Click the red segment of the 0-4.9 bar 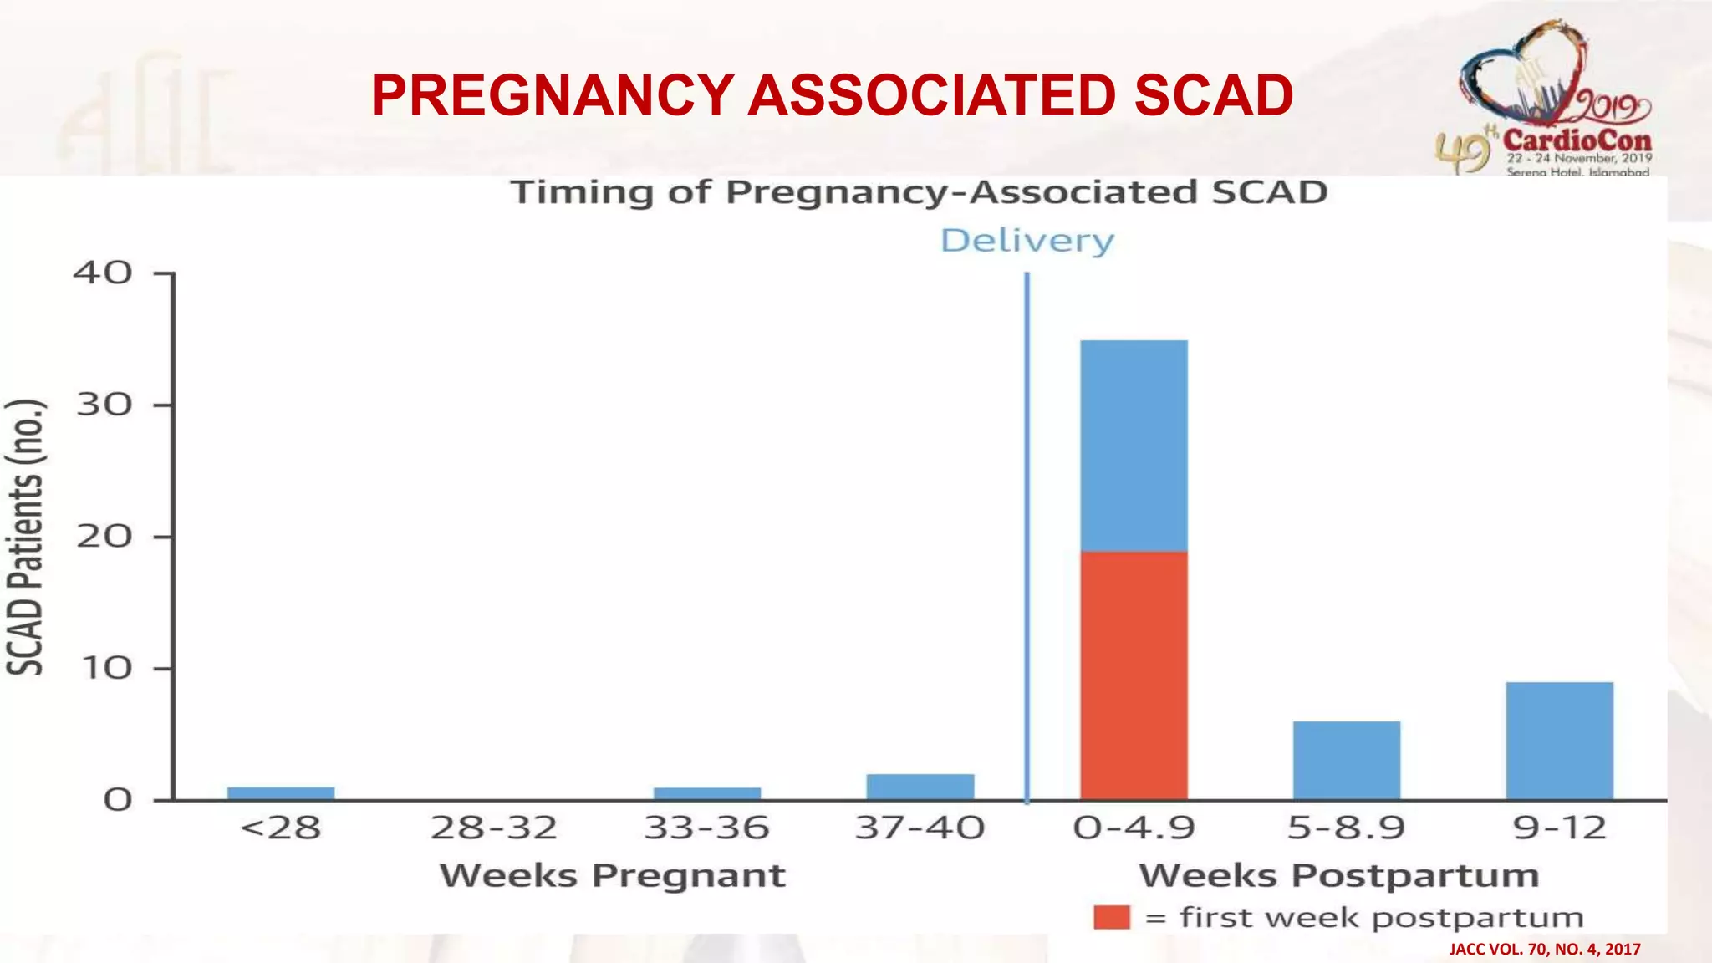coord(1134,675)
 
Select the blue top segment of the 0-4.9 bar coord(1134,445)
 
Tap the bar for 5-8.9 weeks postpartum coord(1346,760)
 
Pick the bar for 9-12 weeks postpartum coord(1559,741)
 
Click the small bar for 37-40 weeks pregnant coord(920,787)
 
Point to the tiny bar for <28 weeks coord(281,793)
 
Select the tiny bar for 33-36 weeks coord(707,793)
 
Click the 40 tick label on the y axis coord(103,273)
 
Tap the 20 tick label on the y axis coord(104,536)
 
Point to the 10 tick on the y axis coord(104,668)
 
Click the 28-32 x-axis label coord(493,828)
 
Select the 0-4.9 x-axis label coord(1134,828)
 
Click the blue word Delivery coord(1027,241)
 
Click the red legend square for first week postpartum coord(1111,917)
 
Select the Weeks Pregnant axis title coord(612,875)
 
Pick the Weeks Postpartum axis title coord(1338,875)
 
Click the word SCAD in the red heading coord(1213,94)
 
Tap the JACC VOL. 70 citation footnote coord(1544,949)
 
